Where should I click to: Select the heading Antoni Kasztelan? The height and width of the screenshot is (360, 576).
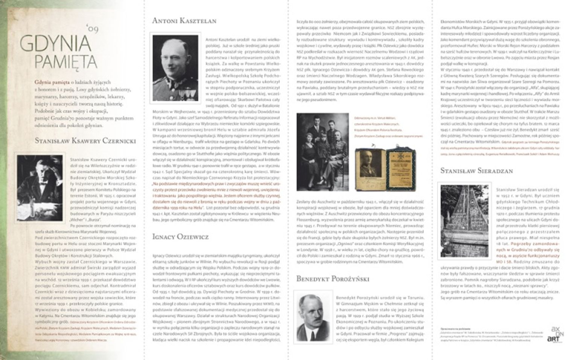click(184, 21)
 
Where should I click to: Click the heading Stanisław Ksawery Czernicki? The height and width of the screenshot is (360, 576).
click(85, 141)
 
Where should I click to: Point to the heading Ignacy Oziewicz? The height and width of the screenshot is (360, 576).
click(180, 237)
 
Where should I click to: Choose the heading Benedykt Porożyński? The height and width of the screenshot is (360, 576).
click(332, 279)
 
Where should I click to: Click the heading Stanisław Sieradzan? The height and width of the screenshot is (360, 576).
click(477, 171)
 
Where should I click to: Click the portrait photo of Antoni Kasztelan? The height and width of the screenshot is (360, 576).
click(175, 68)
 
